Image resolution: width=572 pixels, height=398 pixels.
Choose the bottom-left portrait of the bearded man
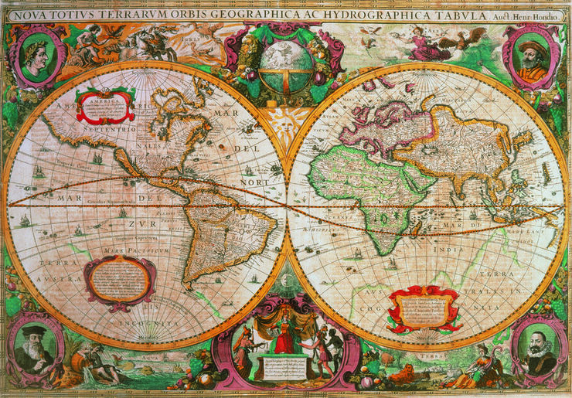click(x=36, y=345)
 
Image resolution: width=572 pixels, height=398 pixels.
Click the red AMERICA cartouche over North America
click(x=105, y=107)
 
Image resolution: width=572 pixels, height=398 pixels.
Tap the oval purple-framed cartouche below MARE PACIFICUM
click(x=118, y=279)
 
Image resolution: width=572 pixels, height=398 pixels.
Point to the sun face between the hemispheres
click(x=286, y=122)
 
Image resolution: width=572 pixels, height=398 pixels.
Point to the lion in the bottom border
click(x=403, y=375)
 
